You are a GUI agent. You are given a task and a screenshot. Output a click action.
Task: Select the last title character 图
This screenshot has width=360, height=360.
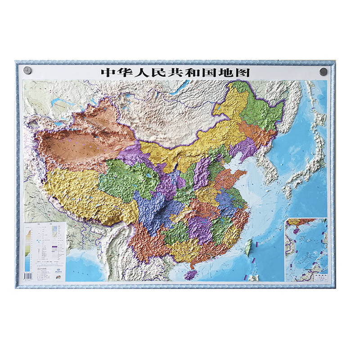[245, 72]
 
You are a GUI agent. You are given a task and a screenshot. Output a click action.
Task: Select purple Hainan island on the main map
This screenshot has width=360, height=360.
[190, 274]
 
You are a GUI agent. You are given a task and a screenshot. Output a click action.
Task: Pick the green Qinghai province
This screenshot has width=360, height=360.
[126, 180]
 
